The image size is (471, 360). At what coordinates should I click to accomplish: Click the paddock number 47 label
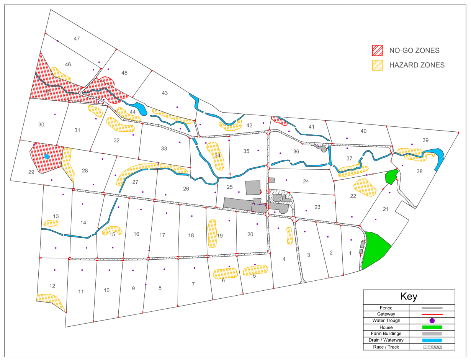tap(77, 39)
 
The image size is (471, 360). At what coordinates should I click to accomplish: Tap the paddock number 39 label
tap(425, 141)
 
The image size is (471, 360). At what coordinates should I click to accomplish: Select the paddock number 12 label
tap(52, 286)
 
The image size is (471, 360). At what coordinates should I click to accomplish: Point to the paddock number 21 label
tap(386, 209)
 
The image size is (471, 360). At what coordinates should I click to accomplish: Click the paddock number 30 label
tap(41, 124)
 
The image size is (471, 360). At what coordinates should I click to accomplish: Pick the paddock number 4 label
tap(284, 259)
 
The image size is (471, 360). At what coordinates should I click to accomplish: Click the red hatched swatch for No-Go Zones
tap(378, 50)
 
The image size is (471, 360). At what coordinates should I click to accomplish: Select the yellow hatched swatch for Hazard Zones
tap(378, 65)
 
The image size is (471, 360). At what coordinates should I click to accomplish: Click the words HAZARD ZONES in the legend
tap(417, 65)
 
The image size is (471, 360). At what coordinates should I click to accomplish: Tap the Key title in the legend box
tap(409, 296)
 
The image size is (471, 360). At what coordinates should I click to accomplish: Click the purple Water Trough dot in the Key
tap(432, 321)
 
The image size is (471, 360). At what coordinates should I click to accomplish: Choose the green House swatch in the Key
tap(432, 327)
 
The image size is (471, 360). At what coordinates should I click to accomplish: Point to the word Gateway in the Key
tap(386, 314)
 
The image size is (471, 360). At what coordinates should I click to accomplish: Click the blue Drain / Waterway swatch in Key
tap(432, 340)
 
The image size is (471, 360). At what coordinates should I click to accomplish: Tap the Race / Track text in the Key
tap(386, 347)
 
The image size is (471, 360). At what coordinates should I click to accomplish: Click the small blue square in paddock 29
tap(47, 156)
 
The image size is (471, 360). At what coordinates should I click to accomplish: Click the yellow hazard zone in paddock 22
tap(365, 187)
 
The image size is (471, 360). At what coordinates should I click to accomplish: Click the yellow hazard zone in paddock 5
tap(255, 270)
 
